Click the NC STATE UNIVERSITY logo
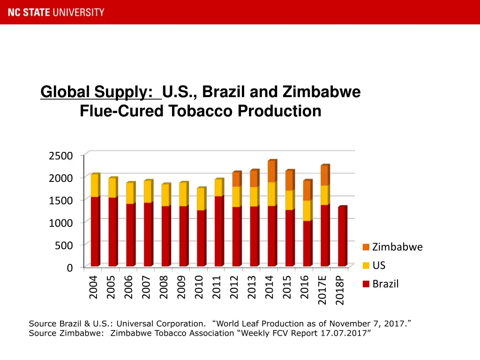(x=56, y=12)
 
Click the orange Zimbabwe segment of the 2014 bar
(x=271, y=172)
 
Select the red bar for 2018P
(x=342, y=237)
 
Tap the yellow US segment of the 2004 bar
(x=95, y=186)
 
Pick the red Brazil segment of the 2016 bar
(x=307, y=244)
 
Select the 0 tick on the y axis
(x=69, y=268)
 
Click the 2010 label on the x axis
(x=199, y=287)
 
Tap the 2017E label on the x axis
(x=322, y=290)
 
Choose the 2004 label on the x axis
(x=93, y=287)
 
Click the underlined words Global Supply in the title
(x=100, y=92)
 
